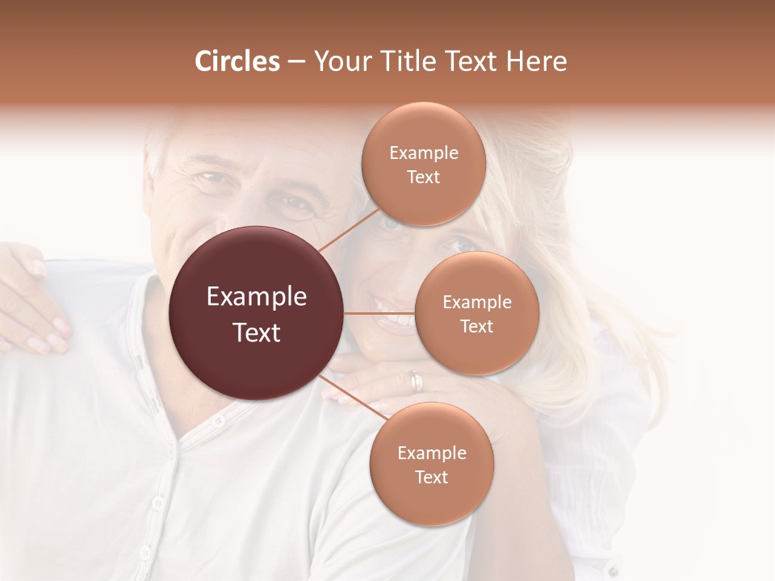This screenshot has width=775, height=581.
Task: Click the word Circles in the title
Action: pos(237,61)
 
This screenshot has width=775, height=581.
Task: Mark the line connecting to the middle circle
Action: pos(379,313)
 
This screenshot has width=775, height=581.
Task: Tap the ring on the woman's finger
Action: pos(415,381)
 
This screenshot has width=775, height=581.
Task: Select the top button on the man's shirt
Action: pos(216,420)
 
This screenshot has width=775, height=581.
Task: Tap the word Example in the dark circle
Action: pos(257,297)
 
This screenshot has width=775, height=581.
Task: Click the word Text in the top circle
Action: pos(423,178)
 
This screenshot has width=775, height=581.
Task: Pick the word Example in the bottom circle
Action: pos(431,453)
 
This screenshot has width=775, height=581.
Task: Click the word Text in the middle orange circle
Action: pos(476,326)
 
